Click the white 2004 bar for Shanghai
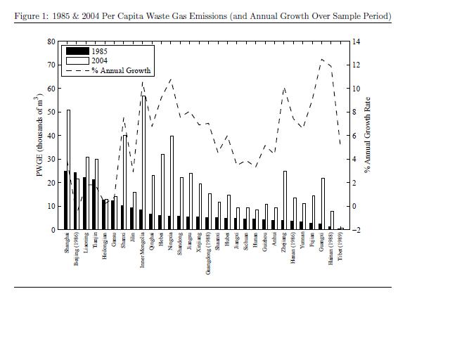pos(69,169)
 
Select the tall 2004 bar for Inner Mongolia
pos(145,162)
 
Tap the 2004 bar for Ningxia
pos(172,183)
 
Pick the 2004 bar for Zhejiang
pos(285,200)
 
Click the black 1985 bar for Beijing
pos(75,201)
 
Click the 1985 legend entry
pos(98,51)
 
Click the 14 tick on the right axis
pos(356,41)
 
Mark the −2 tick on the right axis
pos(356,230)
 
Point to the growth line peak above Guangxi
pos(322,59)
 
